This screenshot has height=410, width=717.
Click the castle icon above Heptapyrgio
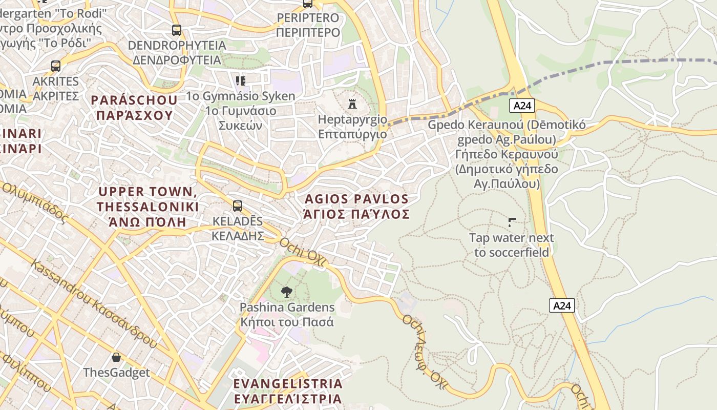tap(352, 104)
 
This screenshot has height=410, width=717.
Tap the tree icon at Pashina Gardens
tap(287, 292)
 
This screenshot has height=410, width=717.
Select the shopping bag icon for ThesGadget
tap(116, 357)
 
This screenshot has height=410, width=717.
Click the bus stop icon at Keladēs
tap(238, 206)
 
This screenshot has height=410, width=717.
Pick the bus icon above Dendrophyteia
tap(177, 30)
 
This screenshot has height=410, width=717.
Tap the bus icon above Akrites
tap(56, 66)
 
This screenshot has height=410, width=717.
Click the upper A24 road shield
tap(522, 106)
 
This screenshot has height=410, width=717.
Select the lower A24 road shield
tap(562, 305)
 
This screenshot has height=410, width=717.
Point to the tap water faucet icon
tap(512, 222)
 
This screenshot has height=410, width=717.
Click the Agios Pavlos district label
tap(357, 207)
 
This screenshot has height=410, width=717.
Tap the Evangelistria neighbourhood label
tap(287, 391)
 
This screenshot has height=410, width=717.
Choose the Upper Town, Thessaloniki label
tap(148, 207)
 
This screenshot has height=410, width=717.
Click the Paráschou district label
tap(135, 107)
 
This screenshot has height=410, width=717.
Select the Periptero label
tap(308, 25)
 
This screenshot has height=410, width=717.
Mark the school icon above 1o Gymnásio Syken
tap(241, 80)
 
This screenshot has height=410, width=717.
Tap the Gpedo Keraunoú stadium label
tap(507, 154)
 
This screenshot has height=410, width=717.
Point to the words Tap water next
tap(512, 238)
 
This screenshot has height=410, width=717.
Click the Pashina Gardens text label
tap(287, 315)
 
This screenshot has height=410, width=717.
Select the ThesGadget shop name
tap(116, 373)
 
